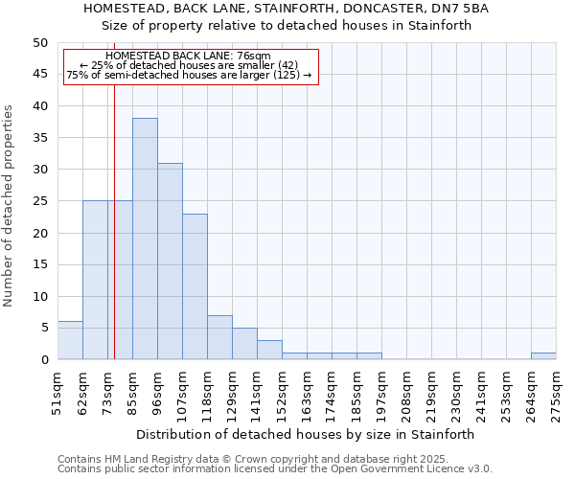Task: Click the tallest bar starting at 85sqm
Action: (x=145, y=239)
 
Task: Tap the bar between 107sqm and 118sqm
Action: (x=195, y=286)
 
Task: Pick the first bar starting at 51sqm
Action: (x=70, y=340)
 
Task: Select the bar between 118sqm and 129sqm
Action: (x=219, y=337)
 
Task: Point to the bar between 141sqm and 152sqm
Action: (x=269, y=350)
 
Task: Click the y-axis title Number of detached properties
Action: (x=9, y=207)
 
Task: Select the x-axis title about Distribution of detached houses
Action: (x=305, y=434)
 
